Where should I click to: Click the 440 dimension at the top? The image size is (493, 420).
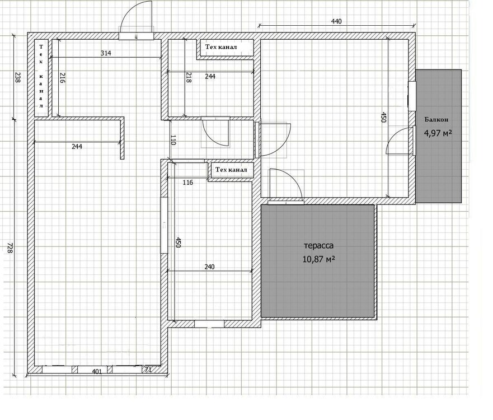(336, 21)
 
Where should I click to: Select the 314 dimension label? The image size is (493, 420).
(106, 53)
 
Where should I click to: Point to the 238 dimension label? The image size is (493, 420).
(17, 78)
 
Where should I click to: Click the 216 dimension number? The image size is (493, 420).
(62, 78)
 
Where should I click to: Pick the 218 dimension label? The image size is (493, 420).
(189, 78)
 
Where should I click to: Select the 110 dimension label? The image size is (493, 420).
(173, 140)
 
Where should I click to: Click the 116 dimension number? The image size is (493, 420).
(187, 183)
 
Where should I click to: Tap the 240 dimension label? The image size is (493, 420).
(210, 267)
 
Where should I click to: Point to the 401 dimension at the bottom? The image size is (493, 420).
(97, 371)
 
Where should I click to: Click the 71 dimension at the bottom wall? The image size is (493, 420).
(148, 371)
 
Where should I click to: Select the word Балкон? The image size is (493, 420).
(436, 120)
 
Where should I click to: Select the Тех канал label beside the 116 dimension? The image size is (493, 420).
(231, 170)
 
